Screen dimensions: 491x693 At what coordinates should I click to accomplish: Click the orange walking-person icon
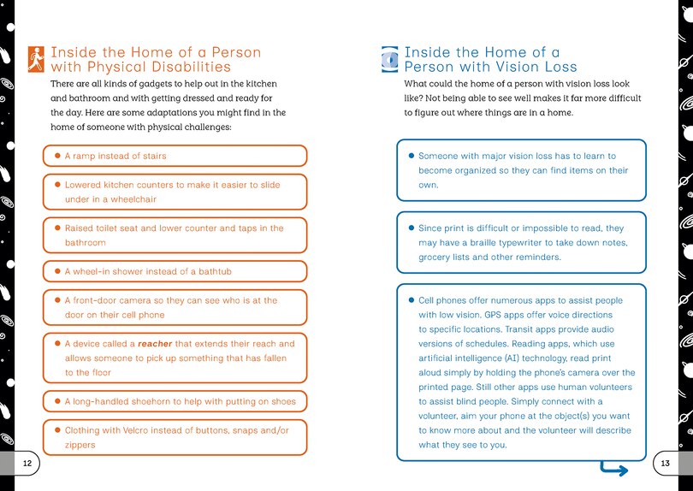(x=36, y=58)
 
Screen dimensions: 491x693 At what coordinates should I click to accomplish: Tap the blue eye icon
(x=389, y=58)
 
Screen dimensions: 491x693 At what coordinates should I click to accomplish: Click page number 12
(x=27, y=462)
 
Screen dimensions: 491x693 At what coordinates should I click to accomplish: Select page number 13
(x=665, y=462)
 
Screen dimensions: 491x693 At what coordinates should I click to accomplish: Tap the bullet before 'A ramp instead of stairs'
(x=56, y=157)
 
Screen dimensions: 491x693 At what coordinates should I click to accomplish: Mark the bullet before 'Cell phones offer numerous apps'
(x=411, y=300)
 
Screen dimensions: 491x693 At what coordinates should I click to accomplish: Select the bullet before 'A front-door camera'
(x=56, y=301)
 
